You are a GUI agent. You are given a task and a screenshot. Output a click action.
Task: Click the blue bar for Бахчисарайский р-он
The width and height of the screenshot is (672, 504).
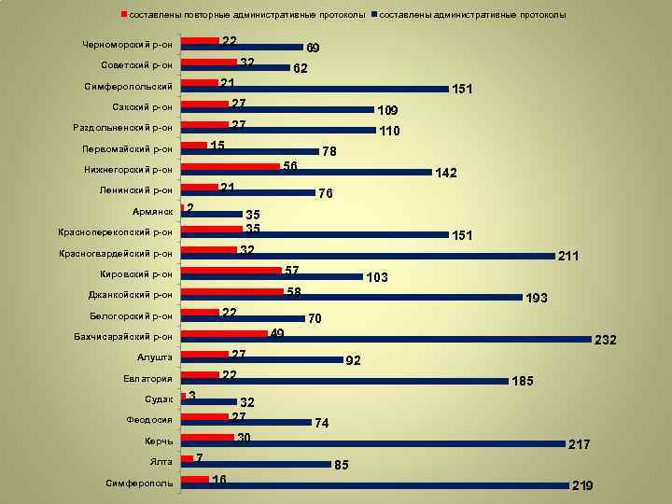click(x=385, y=339)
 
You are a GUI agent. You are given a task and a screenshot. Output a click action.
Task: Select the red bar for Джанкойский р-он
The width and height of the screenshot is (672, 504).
click(x=231, y=291)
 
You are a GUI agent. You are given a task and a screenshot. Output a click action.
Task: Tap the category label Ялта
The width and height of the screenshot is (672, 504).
click(x=160, y=462)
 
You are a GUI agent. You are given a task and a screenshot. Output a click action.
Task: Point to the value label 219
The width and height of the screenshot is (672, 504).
click(x=581, y=486)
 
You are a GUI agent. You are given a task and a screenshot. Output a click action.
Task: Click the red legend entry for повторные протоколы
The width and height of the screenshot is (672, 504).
click(x=243, y=16)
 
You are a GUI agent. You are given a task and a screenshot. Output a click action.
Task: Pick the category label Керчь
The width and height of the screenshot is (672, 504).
click(x=159, y=441)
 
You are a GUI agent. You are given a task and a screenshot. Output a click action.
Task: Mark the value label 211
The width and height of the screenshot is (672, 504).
click(x=568, y=255)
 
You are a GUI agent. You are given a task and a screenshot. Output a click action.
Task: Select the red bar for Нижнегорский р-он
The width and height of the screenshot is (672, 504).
click(x=231, y=166)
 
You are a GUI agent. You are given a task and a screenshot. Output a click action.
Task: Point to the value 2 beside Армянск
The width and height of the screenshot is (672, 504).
click(x=190, y=207)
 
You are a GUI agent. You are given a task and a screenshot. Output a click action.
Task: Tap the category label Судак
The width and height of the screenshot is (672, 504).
click(x=159, y=399)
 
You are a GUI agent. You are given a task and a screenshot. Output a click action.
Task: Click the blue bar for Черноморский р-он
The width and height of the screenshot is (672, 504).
click(x=242, y=47)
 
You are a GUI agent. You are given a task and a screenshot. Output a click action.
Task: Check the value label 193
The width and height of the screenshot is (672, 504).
click(x=537, y=298)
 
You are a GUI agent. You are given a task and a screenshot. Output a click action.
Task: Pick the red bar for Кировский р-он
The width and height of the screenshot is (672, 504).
click(x=231, y=270)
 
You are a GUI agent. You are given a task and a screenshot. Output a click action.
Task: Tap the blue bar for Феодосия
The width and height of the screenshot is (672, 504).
click(x=246, y=422)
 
